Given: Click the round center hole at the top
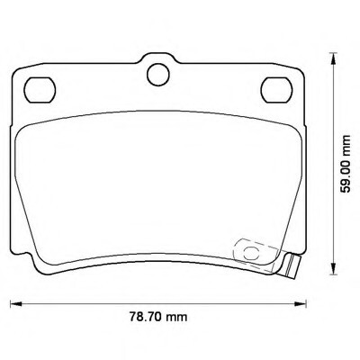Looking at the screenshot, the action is [x=158, y=75].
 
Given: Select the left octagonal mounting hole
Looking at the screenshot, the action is [x=40, y=90].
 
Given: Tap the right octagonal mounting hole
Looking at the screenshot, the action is [x=276, y=90].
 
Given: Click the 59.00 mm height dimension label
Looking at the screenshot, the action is [x=346, y=164].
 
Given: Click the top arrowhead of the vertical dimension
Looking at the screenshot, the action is [x=332, y=58].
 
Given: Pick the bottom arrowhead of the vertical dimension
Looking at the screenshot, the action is [x=332, y=268].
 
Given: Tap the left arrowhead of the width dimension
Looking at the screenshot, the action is [x=16, y=303].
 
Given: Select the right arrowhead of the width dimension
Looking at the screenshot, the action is [x=300, y=303].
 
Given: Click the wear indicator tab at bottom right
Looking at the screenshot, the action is [x=292, y=265].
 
